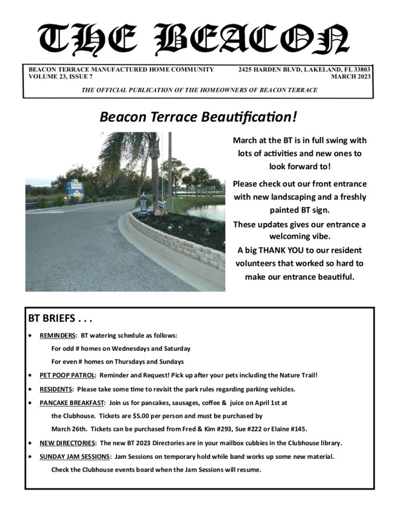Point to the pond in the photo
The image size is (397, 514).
(211, 211)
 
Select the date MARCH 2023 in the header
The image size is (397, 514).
(351, 77)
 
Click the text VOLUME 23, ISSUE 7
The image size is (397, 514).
(61, 77)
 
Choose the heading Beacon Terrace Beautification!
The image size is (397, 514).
(198, 117)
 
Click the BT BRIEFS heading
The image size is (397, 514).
(61, 319)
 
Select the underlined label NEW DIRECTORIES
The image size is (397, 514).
(68, 443)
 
